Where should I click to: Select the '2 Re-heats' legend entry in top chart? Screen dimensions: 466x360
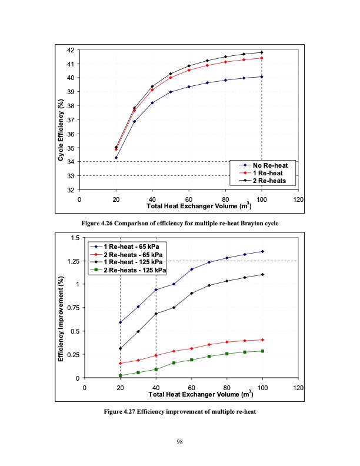(x=264, y=181)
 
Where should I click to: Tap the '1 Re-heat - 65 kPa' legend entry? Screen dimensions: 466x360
(x=127, y=245)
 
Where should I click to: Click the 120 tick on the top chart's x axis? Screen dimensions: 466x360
(x=298, y=199)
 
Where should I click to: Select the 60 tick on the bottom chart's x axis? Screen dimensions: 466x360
(x=191, y=388)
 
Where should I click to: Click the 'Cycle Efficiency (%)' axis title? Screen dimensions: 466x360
(x=61, y=131)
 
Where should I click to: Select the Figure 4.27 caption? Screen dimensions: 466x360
(x=179, y=411)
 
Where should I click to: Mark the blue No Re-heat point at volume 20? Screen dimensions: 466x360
(x=116, y=158)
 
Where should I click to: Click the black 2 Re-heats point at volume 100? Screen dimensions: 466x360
(x=262, y=52)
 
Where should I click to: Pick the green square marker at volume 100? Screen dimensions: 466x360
(x=262, y=351)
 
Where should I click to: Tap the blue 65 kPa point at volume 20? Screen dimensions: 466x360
(x=120, y=322)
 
